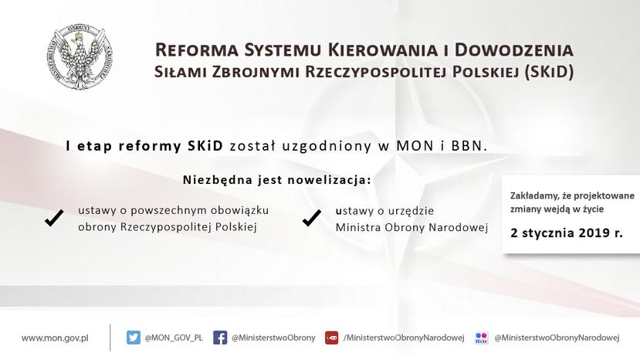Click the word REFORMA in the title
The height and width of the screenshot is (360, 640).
196,50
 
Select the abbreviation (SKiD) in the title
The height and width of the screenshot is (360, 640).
549,72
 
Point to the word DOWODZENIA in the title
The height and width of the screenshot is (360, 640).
514,50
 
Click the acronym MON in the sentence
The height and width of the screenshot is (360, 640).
415,146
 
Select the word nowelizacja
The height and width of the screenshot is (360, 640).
330,180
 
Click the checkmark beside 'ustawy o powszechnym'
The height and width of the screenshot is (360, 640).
54,218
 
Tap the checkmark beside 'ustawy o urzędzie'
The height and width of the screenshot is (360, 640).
312,218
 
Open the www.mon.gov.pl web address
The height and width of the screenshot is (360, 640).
55,338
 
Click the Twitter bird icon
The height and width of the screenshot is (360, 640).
133,338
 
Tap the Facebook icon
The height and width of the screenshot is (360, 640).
220,338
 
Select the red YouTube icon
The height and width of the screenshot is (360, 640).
331,338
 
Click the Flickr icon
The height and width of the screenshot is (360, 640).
482,338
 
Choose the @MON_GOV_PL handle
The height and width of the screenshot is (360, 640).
174,338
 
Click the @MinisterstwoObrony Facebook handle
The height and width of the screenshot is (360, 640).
273,338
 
